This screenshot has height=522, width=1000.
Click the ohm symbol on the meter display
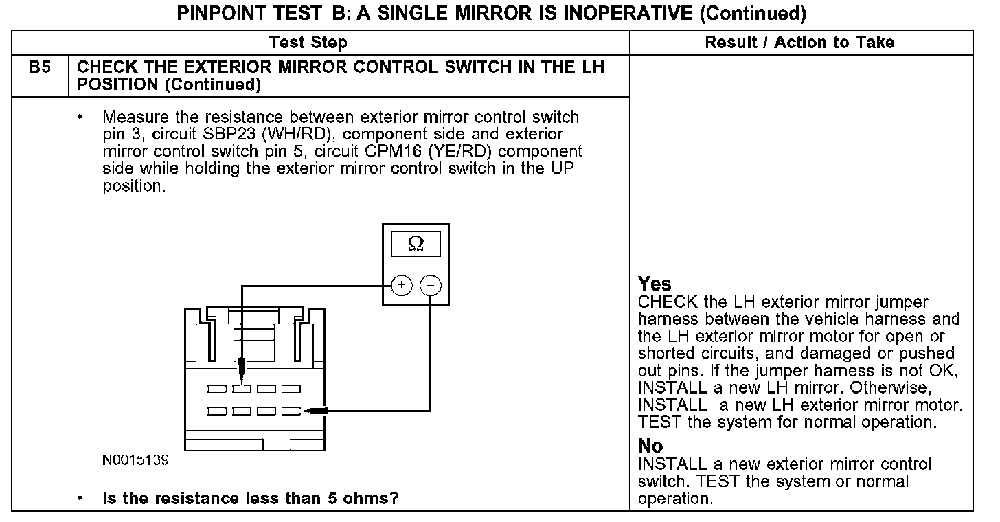click(416, 244)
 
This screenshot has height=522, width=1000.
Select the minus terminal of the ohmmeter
click(430, 286)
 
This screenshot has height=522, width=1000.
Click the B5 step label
click(40, 67)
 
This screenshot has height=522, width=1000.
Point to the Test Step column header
click(308, 43)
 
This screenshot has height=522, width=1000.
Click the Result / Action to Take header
click(800, 43)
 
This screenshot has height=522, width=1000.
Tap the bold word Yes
click(655, 284)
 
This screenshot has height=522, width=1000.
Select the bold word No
click(650, 446)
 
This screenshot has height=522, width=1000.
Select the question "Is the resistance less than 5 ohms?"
click(250, 499)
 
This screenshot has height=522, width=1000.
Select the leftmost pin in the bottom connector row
click(217, 411)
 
